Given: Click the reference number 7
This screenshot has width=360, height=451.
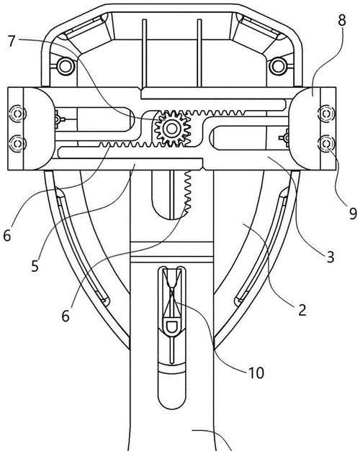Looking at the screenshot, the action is click(x=12, y=41).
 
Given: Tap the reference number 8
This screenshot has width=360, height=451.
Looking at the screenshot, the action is click(x=342, y=20).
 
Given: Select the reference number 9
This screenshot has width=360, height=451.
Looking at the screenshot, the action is click(x=353, y=214).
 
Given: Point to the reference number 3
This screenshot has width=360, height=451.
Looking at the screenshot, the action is click(x=330, y=257).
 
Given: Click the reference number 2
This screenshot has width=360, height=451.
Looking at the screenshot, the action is click(x=302, y=310).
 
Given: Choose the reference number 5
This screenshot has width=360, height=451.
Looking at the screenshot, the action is click(x=35, y=266).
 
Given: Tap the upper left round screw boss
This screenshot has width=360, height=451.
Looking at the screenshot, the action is click(x=66, y=66).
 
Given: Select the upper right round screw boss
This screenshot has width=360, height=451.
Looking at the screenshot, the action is click(x=278, y=66).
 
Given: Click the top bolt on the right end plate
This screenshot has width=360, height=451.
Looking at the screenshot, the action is click(x=327, y=114).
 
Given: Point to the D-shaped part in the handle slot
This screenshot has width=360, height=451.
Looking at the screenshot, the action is click(x=171, y=326).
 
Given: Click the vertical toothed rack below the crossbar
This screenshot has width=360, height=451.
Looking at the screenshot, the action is click(x=187, y=192).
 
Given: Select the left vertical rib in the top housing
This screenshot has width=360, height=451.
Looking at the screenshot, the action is click(x=145, y=53).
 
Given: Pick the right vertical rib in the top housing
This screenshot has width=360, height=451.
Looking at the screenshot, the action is click(x=199, y=53).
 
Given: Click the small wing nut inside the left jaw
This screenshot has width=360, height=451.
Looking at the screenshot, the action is click(x=58, y=119).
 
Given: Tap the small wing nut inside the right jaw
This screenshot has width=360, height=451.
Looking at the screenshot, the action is click(x=284, y=138).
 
